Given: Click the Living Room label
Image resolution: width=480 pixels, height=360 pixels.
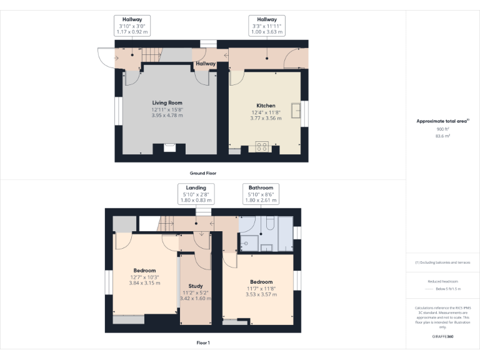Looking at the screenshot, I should coord(167,102).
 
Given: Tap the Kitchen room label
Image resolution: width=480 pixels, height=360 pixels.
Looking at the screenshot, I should coord(266,106).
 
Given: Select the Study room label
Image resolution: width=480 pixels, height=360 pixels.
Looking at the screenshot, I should coord(195,286).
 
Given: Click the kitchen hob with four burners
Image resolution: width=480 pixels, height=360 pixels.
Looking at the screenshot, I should coord(262,147).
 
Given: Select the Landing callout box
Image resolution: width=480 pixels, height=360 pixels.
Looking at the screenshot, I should coord(196,194).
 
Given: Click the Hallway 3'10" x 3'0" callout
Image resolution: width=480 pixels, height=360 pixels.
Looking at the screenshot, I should coord(132,26).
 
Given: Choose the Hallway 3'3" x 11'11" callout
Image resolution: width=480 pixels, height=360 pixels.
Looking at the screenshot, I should coord(267,26).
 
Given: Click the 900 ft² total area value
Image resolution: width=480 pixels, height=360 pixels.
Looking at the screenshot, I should coord(443,129).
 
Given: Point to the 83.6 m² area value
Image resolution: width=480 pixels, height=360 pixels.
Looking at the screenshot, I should coord(443,135).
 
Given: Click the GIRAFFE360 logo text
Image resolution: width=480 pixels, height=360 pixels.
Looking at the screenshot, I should coord(443,337).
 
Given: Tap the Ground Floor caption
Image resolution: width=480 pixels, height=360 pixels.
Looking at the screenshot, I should coord(203,172).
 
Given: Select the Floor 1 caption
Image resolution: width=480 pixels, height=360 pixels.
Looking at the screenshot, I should coord(203,342).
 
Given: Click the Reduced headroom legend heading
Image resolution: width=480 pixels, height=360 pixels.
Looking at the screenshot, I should coord(443,281).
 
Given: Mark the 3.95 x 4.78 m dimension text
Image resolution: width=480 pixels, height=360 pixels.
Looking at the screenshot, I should coord(167,115).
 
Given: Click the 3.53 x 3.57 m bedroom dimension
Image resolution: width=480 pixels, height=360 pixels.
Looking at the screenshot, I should coord(261,294).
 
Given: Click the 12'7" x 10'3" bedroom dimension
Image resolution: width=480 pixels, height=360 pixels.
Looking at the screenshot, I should coord(144,277).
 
